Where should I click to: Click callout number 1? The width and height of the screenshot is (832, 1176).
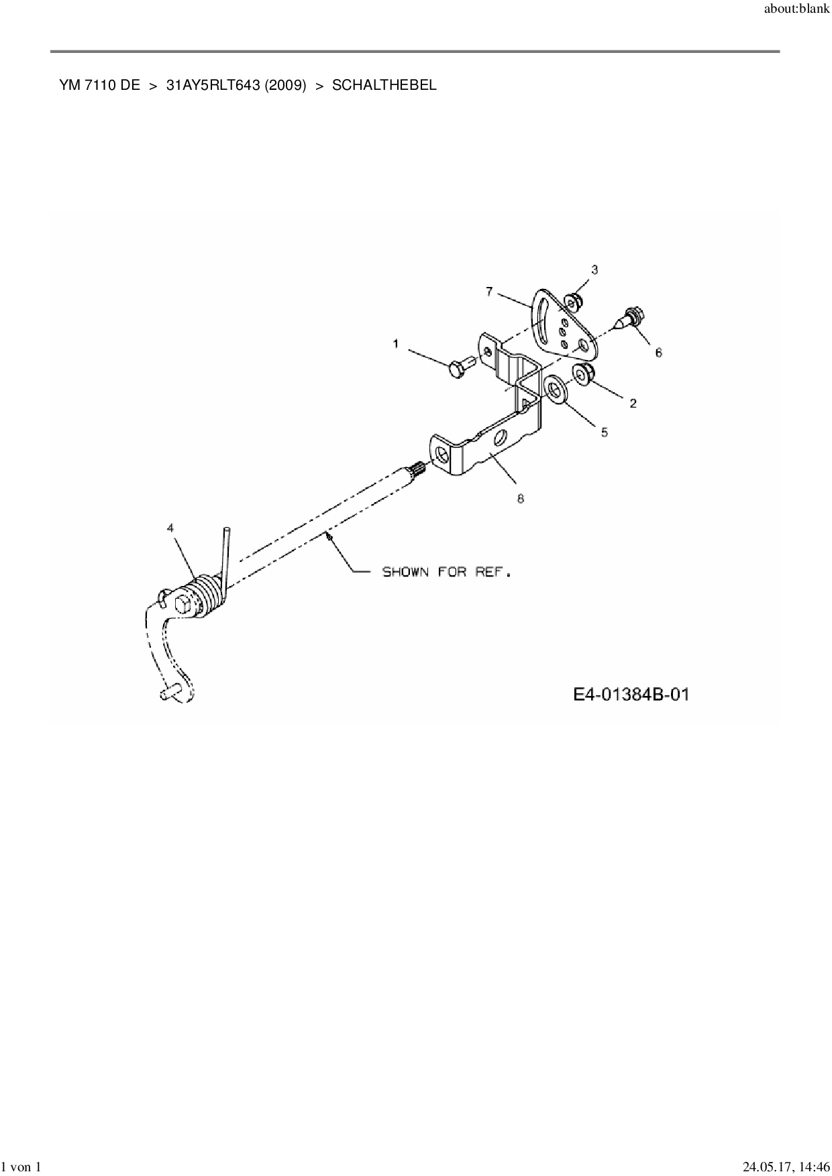[396, 344]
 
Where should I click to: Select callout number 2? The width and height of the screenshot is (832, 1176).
[633, 403]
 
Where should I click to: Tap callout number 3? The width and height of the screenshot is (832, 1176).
[594, 270]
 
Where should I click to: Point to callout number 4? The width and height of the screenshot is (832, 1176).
[170, 528]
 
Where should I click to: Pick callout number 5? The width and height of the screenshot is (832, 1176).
[604, 433]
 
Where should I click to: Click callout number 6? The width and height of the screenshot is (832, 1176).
[658, 352]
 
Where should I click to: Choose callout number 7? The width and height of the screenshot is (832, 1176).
[489, 291]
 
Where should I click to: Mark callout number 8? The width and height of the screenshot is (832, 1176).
[520, 498]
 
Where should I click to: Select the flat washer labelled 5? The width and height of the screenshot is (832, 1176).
[556, 388]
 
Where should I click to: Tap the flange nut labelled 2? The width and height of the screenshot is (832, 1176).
[582, 374]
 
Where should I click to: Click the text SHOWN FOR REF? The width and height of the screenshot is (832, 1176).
[446, 573]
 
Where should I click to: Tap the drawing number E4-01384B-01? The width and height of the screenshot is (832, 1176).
[631, 695]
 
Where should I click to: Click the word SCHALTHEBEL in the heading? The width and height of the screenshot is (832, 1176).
[384, 85]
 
